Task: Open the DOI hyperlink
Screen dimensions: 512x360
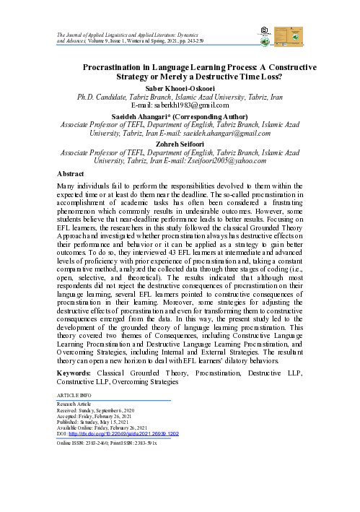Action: (x=125, y=433)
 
